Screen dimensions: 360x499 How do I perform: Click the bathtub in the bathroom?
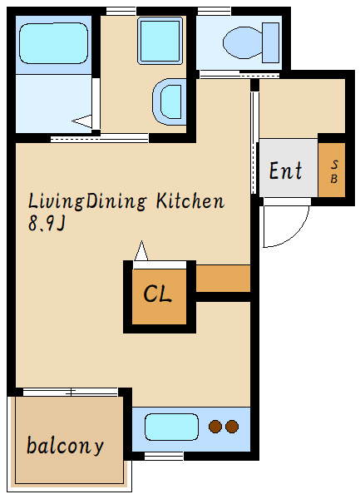(x=53, y=43)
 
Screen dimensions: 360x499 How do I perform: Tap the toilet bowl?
(x=243, y=42)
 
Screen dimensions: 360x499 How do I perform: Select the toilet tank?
(x=271, y=42)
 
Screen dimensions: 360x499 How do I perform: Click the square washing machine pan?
(x=160, y=41)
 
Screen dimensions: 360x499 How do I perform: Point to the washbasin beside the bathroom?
(x=169, y=101)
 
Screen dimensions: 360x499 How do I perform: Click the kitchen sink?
(x=171, y=427)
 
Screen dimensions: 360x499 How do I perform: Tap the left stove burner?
(x=215, y=427)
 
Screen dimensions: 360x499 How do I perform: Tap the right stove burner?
(x=232, y=427)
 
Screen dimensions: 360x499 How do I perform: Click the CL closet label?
(x=158, y=294)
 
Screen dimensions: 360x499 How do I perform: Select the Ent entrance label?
(x=285, y=170)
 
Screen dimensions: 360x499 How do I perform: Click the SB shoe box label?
(x=334, y=172)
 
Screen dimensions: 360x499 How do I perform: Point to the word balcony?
(x=65, y=446)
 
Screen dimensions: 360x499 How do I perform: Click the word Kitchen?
(x=190, y=201)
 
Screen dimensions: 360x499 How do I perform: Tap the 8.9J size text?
(x=47, y=224)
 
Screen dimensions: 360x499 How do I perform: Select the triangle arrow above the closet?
(x=141, y=251)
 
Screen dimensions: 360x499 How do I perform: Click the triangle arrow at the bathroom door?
(x=82, y=121)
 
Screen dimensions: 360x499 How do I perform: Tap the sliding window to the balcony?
(x=71, y=392)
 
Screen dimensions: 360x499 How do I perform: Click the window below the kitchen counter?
(x=164, y=457)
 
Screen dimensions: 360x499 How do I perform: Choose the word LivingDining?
(x=87, y=202)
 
